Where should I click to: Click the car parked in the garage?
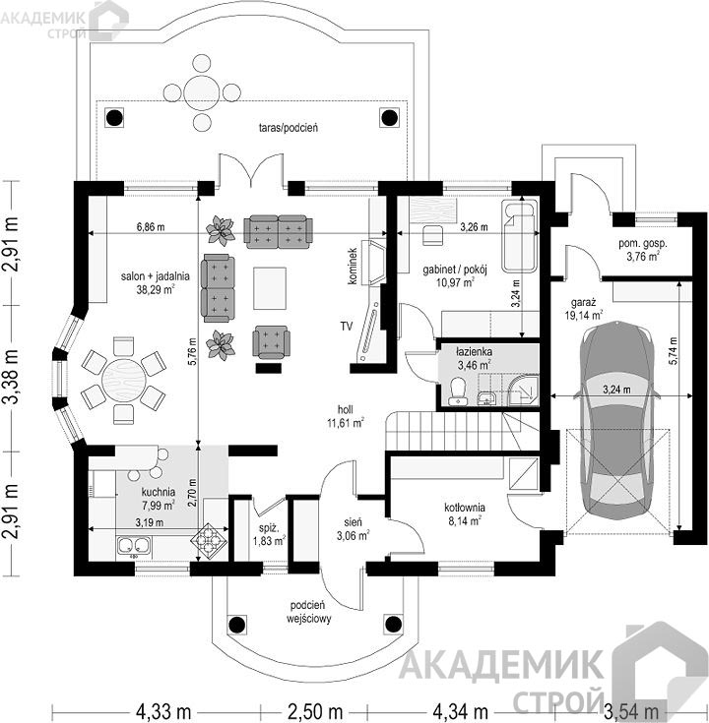[618, 421]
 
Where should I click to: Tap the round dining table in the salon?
[124, 381]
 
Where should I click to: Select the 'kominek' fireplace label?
[354, 266]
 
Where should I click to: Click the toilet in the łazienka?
[457, 392]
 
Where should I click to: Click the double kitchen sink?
[134, 546]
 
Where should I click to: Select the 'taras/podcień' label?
[288, 128]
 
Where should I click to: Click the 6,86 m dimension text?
[151, 227]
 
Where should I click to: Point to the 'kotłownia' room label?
[465, 508]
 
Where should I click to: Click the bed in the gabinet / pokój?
[520, 236]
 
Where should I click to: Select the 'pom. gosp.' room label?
[642, 244]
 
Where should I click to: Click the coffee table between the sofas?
[270, 288]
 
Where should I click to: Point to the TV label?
[347, 327]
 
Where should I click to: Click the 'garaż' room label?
[583, 303]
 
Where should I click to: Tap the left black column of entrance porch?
[236, 625]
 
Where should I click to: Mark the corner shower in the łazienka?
[524, 391]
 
